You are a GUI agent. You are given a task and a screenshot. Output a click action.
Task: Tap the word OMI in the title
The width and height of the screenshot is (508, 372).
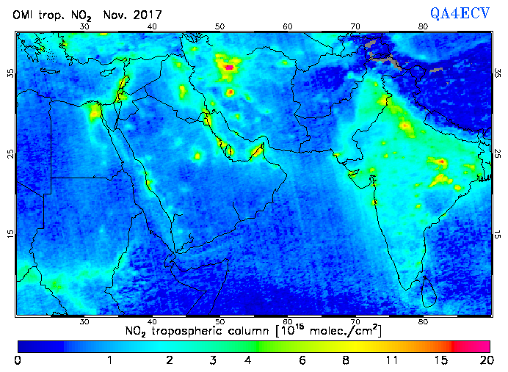(27, 15)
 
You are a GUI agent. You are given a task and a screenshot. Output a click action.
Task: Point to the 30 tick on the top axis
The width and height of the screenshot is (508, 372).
(85, 26)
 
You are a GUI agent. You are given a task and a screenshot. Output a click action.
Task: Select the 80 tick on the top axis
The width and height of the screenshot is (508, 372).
(424, 26)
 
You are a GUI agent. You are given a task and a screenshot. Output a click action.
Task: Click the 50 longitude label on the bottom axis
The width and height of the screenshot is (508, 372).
(220, 321)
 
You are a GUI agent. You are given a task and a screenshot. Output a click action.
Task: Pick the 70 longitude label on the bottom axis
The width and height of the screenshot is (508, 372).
(356, 321)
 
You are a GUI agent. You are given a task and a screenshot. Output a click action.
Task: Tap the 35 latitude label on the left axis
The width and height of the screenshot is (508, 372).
(10, 73)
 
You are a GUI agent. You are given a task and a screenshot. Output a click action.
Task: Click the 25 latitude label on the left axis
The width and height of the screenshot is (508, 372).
(10, 154)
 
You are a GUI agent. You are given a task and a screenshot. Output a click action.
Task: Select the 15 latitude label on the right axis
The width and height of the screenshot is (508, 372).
(498, 234)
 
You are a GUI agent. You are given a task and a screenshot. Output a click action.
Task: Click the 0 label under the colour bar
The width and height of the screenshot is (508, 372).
(17, 360)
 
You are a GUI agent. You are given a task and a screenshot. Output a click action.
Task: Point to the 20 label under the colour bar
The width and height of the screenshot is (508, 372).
(485, 360)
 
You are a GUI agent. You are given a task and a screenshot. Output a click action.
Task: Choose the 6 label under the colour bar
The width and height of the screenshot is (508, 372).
(302, 360)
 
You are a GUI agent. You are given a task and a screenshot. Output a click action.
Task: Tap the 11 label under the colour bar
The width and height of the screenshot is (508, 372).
(393, 360)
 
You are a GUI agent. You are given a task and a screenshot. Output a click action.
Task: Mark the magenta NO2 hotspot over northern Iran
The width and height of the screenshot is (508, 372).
(229, 68)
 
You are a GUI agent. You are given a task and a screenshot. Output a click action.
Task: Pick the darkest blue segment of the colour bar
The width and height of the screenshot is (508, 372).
(40, 345)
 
